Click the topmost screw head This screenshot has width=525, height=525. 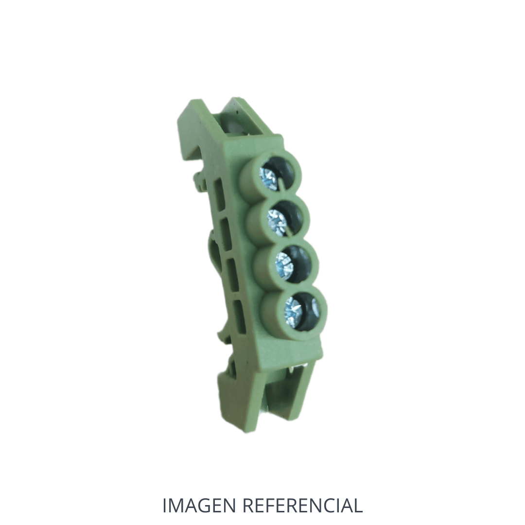point(269,178)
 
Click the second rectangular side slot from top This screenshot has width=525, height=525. point(226,234)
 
